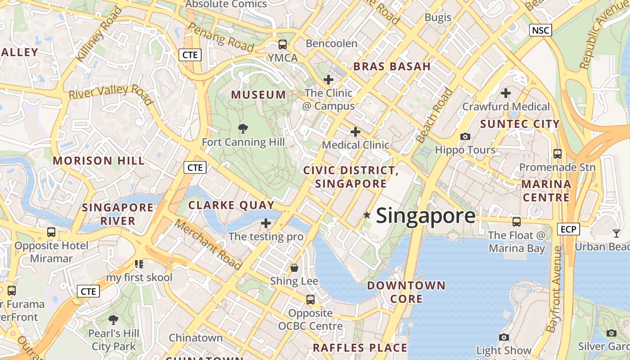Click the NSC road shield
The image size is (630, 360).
[x=540, y=30]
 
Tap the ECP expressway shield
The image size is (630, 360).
[x=568, y=229]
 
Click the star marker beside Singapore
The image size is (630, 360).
[x=367, y=216]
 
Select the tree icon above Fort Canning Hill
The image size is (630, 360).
[x=243, y=129]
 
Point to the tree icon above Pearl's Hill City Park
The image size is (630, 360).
[x=113, y=320]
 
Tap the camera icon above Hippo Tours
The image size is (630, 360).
[x=465, y=136]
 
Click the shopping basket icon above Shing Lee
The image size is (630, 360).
[x=294, y=268]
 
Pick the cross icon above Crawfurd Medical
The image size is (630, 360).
[x=506, y=93]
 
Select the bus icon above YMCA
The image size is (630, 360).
[x=283, y=45]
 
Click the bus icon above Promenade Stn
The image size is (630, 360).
[x=558, y=153]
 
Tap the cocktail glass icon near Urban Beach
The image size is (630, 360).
[x=616, y=233]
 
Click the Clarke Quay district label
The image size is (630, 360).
[x=231, y=205]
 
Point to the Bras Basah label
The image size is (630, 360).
[x=392, y=67]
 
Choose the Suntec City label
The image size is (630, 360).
[x=520, y=124]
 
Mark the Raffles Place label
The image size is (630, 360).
[x=360, y=347]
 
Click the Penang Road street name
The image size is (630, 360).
[x=220, y=36]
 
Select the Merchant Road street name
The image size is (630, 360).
[x=209, y=244]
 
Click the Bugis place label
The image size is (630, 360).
[x=438, y=18]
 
